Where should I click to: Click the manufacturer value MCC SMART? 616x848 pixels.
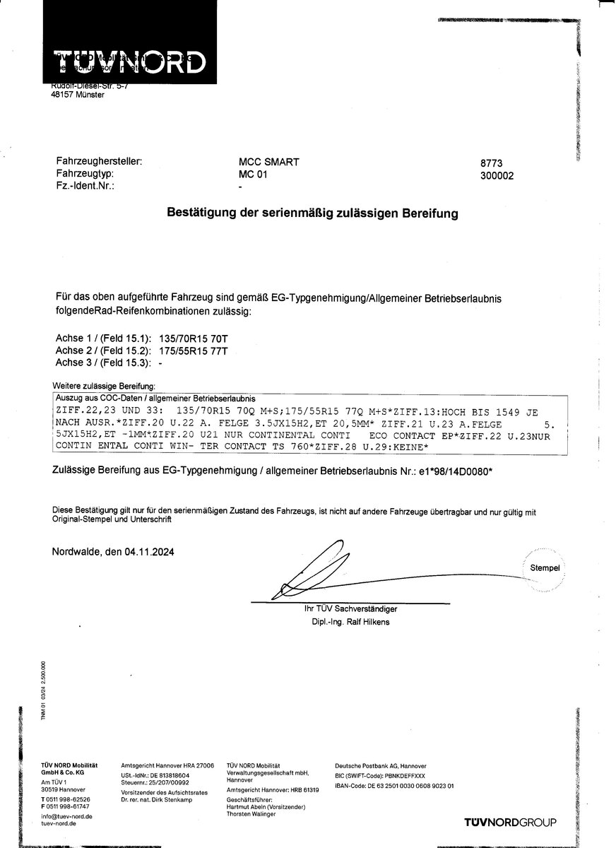pos(269,162)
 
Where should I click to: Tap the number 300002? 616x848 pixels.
pos(497,176)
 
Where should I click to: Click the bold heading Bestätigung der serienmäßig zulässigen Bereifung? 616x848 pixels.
pos(312,211)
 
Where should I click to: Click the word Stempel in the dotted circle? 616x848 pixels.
pos(545,568)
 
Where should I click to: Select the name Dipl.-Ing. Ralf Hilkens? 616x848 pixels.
pos(350,623)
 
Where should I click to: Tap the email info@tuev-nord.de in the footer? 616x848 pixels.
pos(67,816)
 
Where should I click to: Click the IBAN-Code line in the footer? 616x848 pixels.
pos(394,785)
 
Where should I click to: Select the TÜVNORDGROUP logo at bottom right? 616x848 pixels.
pos(510,822)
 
